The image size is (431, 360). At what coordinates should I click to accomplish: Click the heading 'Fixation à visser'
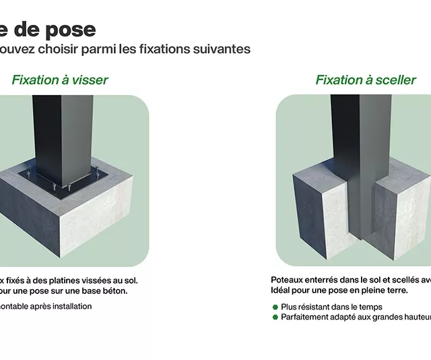click(x=60, y=80)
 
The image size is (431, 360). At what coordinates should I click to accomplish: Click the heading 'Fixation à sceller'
click(x=366, y=80)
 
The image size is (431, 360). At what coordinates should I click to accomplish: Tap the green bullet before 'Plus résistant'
click(x=275, y=307)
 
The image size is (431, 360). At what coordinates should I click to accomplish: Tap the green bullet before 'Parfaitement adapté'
click(x=275, y=317)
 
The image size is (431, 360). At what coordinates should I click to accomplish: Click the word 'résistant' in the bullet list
click(x=321, y=307)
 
